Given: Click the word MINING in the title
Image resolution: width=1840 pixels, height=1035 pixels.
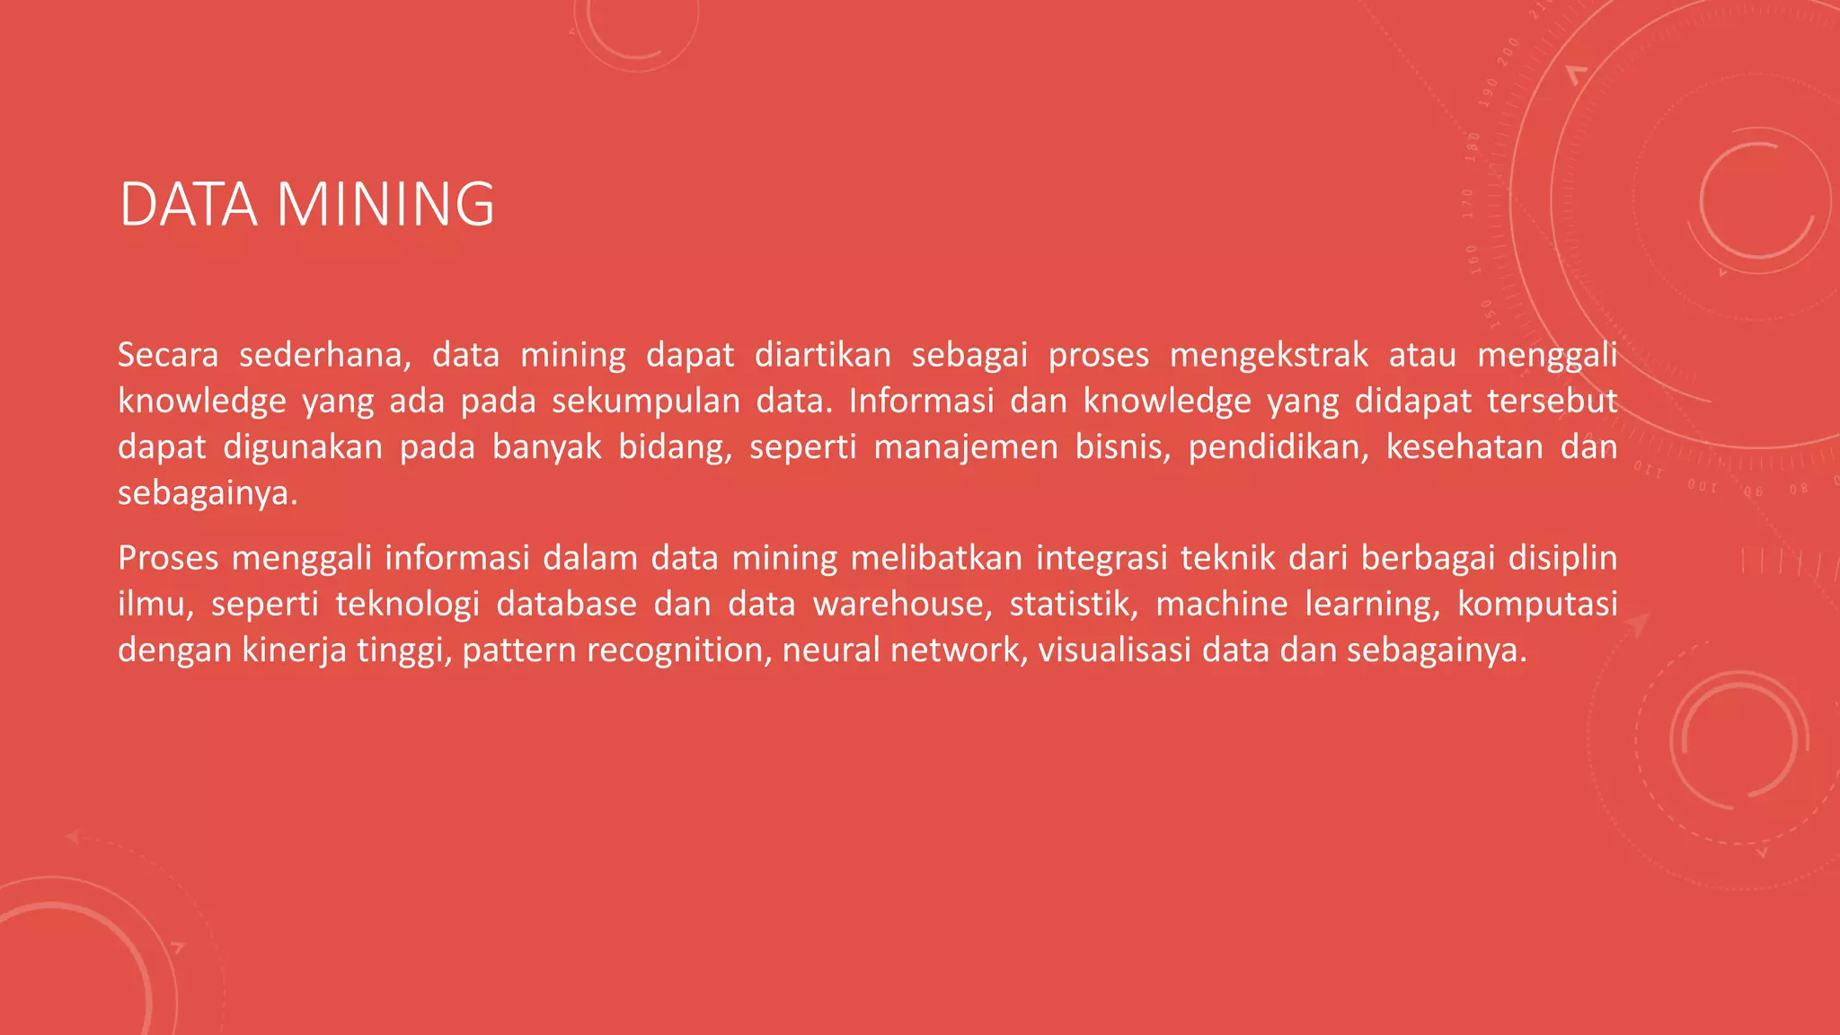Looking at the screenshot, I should tap(385, 205).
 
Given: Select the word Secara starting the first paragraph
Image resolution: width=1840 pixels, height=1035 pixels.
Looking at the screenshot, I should tap(168, 355).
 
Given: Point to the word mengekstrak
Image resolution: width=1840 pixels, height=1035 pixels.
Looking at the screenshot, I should tap(1269, 355).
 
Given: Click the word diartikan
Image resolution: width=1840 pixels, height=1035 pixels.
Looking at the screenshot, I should tap(822, 355).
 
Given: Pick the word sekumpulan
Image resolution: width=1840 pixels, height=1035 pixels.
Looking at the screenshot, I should tap(646, 401).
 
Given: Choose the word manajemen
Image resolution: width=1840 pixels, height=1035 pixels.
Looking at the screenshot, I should tap(966, 447).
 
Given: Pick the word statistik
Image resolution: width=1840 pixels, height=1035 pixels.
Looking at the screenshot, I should tap(1074, 604).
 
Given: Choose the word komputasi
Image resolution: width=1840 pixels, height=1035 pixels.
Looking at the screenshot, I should tap(1537, 605).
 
